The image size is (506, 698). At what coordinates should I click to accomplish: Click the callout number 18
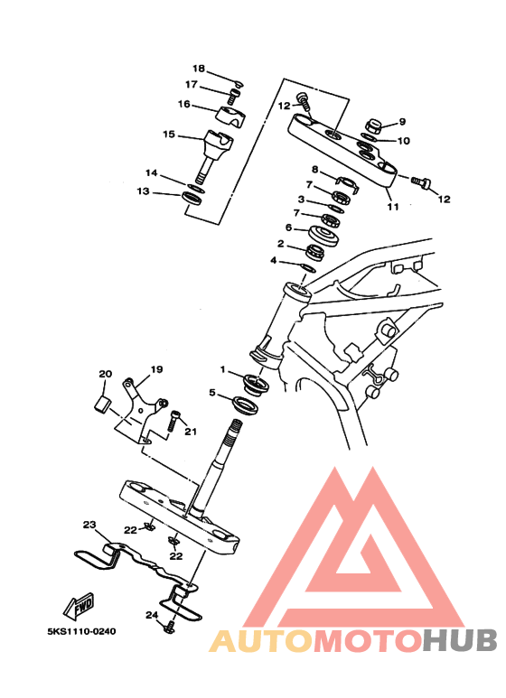(199, 69)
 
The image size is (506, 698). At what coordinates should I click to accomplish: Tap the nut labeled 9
(373, 126)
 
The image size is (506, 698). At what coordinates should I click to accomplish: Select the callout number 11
(392, 207)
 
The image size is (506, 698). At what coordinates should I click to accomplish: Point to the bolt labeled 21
(173, 421)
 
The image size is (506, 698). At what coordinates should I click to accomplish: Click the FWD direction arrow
(79, 605)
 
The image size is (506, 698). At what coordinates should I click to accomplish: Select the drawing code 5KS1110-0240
(81, 631)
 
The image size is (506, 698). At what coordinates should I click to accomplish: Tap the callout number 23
(89, 525)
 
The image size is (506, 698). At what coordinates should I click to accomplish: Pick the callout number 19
(157, 369)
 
